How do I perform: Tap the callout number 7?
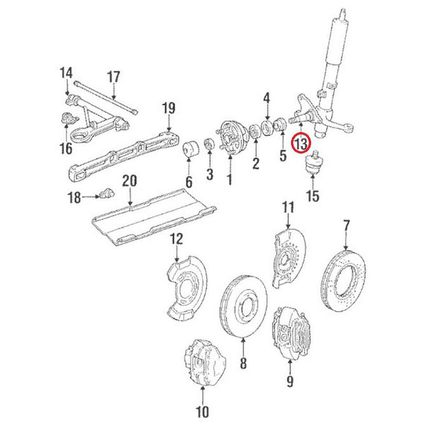point(346,225)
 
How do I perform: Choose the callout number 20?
point(129,182)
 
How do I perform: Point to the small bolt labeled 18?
point(106,193)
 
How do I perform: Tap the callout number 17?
point(113,78)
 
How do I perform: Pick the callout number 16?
point(66,148)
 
